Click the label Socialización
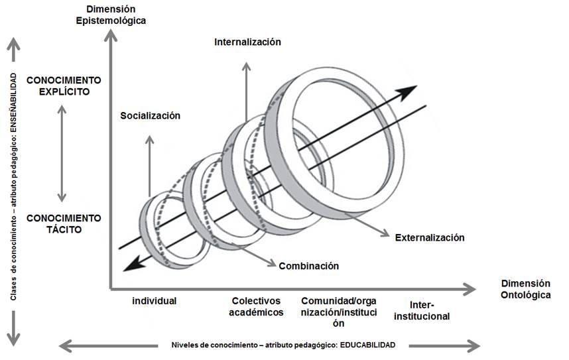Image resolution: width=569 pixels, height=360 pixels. tap(150, 115)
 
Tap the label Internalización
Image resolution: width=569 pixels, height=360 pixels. tap(247, 42)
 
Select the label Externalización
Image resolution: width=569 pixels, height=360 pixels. tap(429, 237)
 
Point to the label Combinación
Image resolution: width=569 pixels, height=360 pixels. tap(308, 266)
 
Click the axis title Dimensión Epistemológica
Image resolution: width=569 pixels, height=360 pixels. tap(115, 15)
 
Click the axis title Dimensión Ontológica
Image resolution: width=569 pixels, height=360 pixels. tap(525, 288)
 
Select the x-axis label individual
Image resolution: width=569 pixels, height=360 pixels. tap(154, 300)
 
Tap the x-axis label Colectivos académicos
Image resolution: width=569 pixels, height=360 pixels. tap(256, 306)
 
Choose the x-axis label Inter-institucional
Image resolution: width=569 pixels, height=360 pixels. tap(422, 310)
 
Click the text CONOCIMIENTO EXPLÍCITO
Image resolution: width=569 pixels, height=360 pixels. tap(64, 86)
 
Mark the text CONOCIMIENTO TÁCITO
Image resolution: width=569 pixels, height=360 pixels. tap(64, 223)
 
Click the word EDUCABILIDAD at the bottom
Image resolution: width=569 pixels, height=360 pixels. tap(364, 345)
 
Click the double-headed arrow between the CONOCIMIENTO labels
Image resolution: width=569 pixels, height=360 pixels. tap(62, 152)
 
